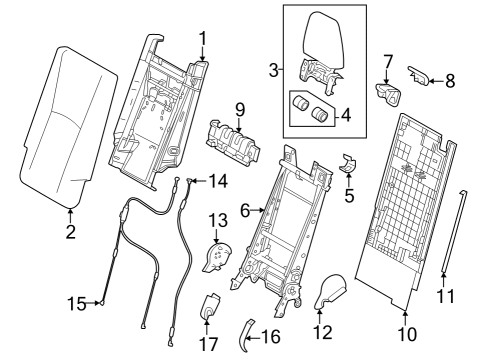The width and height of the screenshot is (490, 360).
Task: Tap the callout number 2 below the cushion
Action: pyautogui.click(x=71, y=233)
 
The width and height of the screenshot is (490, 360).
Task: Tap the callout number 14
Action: pyautogui.click(x=217, y=180)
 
